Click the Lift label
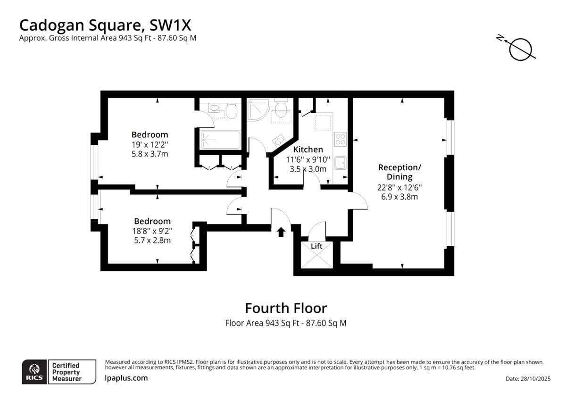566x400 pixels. tap(316, 246)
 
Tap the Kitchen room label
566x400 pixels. tap(308, 150)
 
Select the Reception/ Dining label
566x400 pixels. tap(400, 172)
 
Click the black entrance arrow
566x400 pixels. tap(281, 232)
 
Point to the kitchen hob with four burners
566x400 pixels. tap(341, 140)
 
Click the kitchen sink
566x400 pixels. tap(341, 163)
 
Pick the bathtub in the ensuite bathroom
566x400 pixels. tap(220, 140)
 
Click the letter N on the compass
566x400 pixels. tap(500, 45)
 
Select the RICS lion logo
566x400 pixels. tap(34, 370)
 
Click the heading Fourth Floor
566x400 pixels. tap(286, 308)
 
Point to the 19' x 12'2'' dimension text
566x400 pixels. tap(150, 144)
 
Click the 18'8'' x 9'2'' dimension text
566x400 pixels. tap(152, 231)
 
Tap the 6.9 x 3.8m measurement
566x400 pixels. tap(400, 197)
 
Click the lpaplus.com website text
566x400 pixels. tap(126, 378)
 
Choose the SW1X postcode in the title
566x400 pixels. tap(170, 25)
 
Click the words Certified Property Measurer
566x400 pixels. tap(66, 372)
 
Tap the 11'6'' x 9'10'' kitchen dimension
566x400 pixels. tap(308, 160)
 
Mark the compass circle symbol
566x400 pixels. tap(521, 50)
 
